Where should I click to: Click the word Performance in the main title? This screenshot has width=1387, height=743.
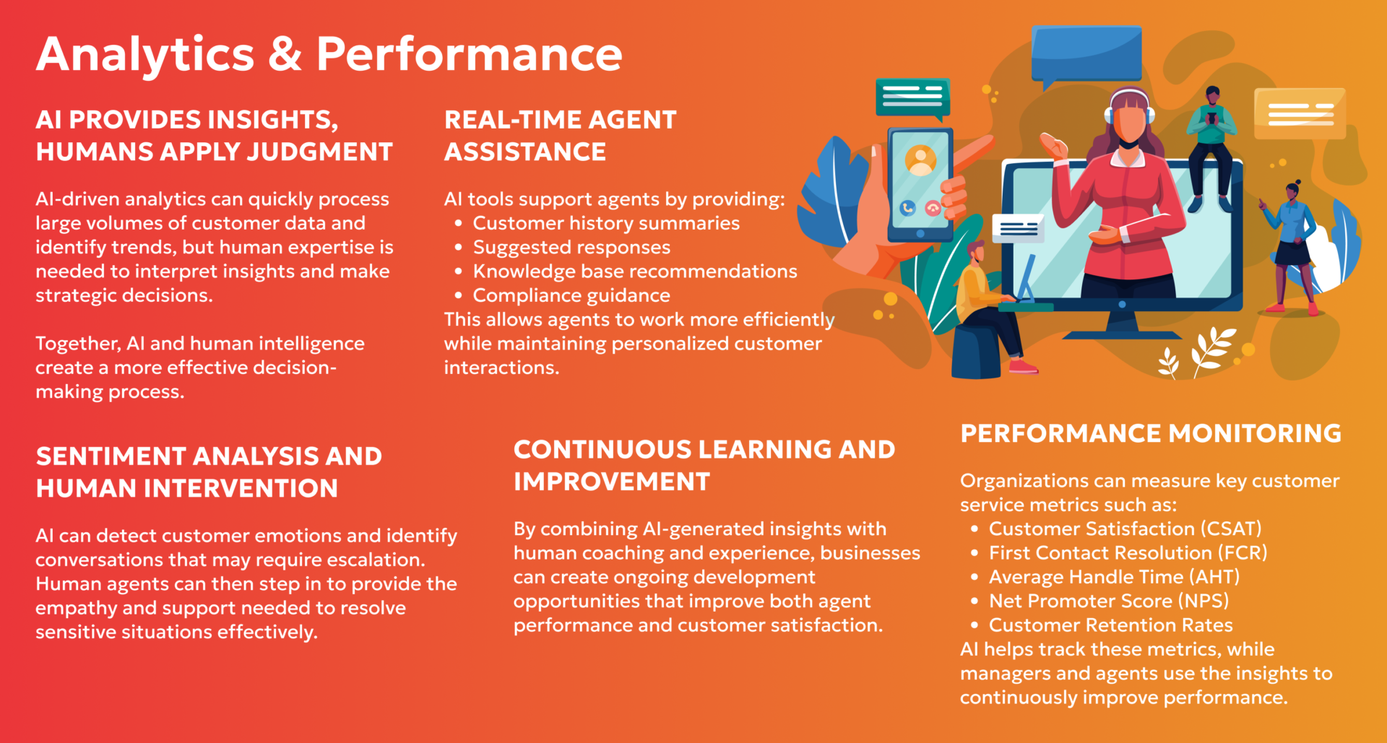[470, 55]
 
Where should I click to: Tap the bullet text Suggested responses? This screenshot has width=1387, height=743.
[571, 248]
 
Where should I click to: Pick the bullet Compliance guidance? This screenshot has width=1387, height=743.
[571, 295]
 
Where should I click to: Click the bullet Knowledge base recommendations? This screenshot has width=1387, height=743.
[635, 271]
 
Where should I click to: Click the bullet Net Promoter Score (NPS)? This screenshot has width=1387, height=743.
[1109, 601]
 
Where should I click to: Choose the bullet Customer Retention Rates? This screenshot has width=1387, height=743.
[1110, 625]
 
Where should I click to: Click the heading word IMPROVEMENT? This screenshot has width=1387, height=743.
[612, 482]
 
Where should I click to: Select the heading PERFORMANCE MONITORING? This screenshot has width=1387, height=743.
[1151, 433]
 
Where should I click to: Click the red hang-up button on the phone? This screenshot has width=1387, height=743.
[933, 209]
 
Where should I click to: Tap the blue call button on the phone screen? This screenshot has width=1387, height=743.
[907, 209]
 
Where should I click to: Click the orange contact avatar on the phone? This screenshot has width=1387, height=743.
[920, 161]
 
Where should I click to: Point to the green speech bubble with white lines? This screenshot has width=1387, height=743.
[912, 97]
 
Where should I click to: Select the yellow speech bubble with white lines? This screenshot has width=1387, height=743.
[1300, 113]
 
